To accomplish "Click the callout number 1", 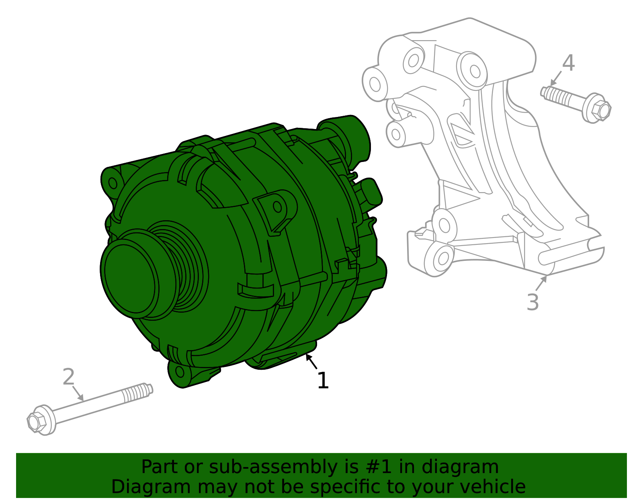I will (x=323, y=381).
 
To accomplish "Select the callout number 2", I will (x=69, y=377).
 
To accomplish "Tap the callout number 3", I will (x=532, y=302).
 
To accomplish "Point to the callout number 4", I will (x=568, y=64).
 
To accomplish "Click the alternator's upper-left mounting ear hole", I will (x=113, y=183).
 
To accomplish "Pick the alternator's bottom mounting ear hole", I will (x=180, y=371).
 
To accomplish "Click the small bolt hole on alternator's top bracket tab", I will (x=277, y=207).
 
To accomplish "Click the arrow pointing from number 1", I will (x=311, y=361).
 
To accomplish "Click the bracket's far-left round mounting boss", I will (x=375, y=84).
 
